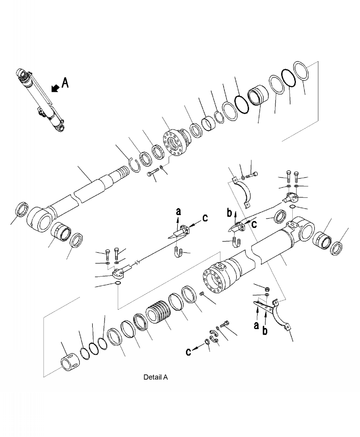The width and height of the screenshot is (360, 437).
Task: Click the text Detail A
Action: tap(155, 377)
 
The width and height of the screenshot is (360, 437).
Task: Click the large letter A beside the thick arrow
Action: tap(65, 83)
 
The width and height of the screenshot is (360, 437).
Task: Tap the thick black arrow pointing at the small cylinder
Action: tap(55, 88)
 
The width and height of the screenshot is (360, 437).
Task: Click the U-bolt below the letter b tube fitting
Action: tap(235, 242)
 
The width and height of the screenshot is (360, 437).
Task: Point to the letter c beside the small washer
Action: tap(189, 352)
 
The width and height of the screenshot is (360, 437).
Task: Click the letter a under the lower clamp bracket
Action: tap(256, 325)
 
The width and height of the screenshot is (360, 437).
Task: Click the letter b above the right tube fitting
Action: tap(230, 213)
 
